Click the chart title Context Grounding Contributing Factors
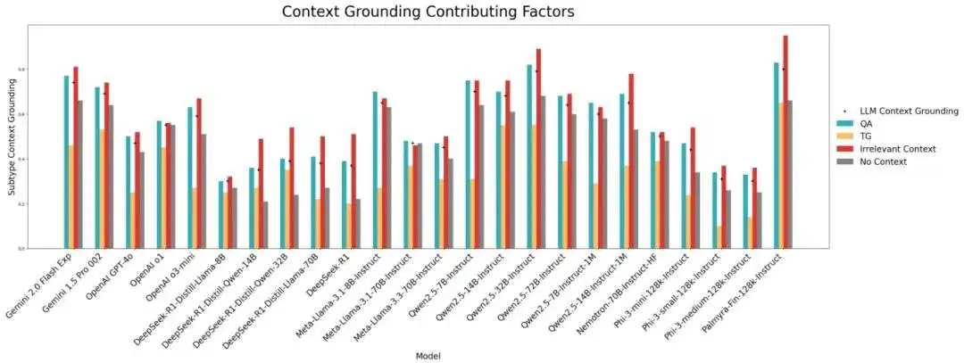[428, 12]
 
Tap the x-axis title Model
[428, 355]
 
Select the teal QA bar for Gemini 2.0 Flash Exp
[66, 161]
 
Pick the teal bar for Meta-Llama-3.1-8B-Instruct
[375, 169]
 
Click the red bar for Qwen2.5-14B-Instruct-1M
[631, 161]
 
